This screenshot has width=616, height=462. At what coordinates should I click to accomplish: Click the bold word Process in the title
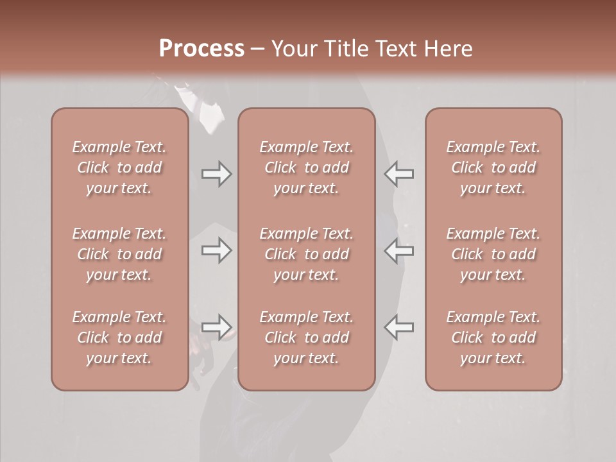[x=201, y=49]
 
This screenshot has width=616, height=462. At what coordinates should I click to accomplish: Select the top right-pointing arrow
[x=216, y=174]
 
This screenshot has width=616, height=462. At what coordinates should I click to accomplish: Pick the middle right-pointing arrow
[x=216, y=250]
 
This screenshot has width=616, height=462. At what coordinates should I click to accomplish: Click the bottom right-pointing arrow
[x=216, y=327]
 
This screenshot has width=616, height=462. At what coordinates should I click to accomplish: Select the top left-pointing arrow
[x=398, y=174]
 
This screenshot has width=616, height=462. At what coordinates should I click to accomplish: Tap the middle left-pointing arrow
[x=398, y=250]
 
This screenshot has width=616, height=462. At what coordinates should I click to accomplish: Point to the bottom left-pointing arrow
[x=398, y=327]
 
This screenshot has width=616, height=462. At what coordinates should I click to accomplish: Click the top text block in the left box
[x=119, y=167]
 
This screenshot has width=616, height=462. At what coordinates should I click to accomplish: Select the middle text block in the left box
[x=119, y=254]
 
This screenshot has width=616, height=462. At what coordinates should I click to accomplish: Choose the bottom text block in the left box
[x=119, y=338]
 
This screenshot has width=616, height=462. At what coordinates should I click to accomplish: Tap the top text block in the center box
[x=306, y=167]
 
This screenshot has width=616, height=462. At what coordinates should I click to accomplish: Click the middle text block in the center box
[x=306, y=254]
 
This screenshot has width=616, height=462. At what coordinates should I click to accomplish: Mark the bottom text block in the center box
[x=306, y=338]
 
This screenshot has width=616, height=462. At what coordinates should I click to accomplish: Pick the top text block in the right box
[x=493, y=167]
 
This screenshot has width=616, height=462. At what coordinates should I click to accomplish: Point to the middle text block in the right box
[x=493, y=254]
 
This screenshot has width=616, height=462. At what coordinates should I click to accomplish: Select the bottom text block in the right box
[x=493, y=338]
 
